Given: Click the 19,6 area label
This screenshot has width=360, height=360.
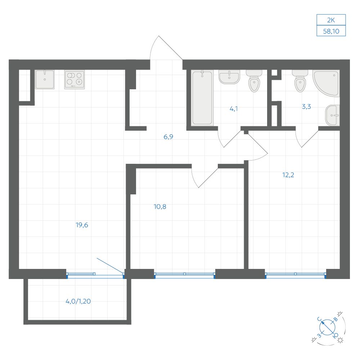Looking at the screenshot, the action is coord(82,225).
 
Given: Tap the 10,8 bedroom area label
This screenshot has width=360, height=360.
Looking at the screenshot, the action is coord(160,207).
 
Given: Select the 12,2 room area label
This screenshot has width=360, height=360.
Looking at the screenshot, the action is coord(288,175).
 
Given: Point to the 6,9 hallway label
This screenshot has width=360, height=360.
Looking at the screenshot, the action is coord(168,137).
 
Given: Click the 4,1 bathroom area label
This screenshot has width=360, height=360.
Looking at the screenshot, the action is coord(234,109).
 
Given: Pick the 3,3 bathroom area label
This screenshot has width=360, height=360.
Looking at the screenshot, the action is coord(306,107).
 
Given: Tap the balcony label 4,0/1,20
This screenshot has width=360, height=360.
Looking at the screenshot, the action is coord(78,301).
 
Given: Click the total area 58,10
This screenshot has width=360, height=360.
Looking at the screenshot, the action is coord(331,31).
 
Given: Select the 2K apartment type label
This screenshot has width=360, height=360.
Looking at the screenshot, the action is coord(331,20).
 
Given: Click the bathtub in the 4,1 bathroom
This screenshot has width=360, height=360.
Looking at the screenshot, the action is coord(202,98).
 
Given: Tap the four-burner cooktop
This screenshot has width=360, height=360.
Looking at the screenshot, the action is coord(75,80).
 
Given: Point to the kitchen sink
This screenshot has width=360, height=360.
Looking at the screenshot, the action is coord(45,80).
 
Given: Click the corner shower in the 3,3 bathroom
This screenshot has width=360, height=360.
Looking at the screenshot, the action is coord(326,84).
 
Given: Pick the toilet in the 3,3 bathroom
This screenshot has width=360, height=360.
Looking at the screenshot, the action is coord(300,81).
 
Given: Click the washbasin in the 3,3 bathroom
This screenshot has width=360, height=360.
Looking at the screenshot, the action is coord(332,116).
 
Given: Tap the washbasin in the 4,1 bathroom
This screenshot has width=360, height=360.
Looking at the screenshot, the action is coord(229,77).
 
